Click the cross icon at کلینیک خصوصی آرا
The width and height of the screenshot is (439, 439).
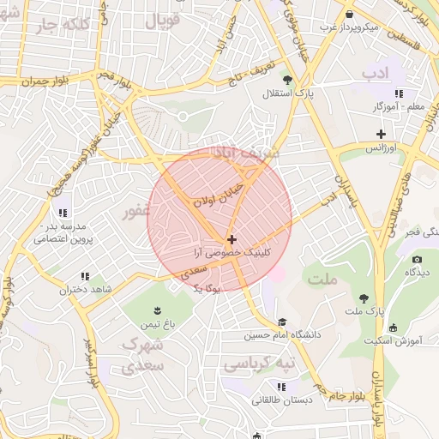pos(232,239)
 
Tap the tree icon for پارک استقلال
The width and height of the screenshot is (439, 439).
pos(287,80)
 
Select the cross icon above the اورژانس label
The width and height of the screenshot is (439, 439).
pos(382,134)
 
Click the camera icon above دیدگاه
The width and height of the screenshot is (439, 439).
pos(417,259)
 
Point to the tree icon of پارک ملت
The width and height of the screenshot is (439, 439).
pos(365,298)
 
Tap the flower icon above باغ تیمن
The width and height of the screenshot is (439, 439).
pos(157,310)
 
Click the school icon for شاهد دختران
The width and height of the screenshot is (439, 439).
pos(84,276)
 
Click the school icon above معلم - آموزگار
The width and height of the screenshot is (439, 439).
pos(399,93)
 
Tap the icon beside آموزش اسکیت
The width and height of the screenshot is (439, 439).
pos(393,328)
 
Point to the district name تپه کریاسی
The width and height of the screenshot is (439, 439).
pos(258,364)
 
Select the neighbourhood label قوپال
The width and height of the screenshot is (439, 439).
pos(162,21)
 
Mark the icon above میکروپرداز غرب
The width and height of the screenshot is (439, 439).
pos(350,14)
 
